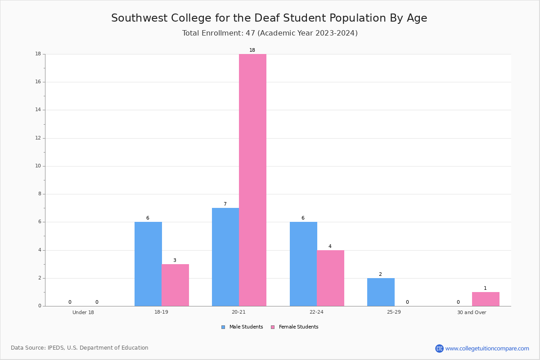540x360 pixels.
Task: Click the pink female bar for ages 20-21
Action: point(252,180)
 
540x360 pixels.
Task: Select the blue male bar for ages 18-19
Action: point(148,264)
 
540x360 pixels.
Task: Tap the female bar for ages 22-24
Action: point(330,278)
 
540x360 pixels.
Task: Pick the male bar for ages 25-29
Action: point(381,292)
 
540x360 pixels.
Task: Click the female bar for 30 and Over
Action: point(486,299)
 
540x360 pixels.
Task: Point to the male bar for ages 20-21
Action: point(225,257)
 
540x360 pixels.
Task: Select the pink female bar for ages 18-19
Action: point(175,285)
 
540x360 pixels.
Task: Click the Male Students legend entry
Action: point(242,327)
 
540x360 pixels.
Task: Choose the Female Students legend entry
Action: point(295,327)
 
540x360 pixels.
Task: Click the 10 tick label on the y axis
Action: point(38,166)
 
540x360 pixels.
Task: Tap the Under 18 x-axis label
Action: point(83,312)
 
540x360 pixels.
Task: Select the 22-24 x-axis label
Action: point(316,312)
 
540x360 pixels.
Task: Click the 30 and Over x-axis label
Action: point(472,312)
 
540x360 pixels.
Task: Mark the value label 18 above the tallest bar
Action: point(252,50)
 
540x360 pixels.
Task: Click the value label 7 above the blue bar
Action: point(225,204)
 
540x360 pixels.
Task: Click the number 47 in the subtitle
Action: point(250,33)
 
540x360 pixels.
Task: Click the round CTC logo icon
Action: point(440,348)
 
